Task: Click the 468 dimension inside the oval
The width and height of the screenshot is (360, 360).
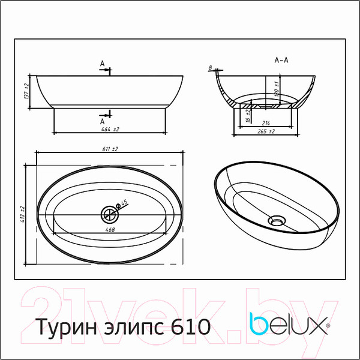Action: click(x=110, y=228)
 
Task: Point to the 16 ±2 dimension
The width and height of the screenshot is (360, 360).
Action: click(x=248, y=116)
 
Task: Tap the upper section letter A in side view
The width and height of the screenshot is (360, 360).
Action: click(x=103, y=64)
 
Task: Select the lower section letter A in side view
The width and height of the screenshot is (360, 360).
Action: click(x=103, y=118)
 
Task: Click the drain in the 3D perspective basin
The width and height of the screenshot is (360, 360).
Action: click(x=276, y=219)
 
